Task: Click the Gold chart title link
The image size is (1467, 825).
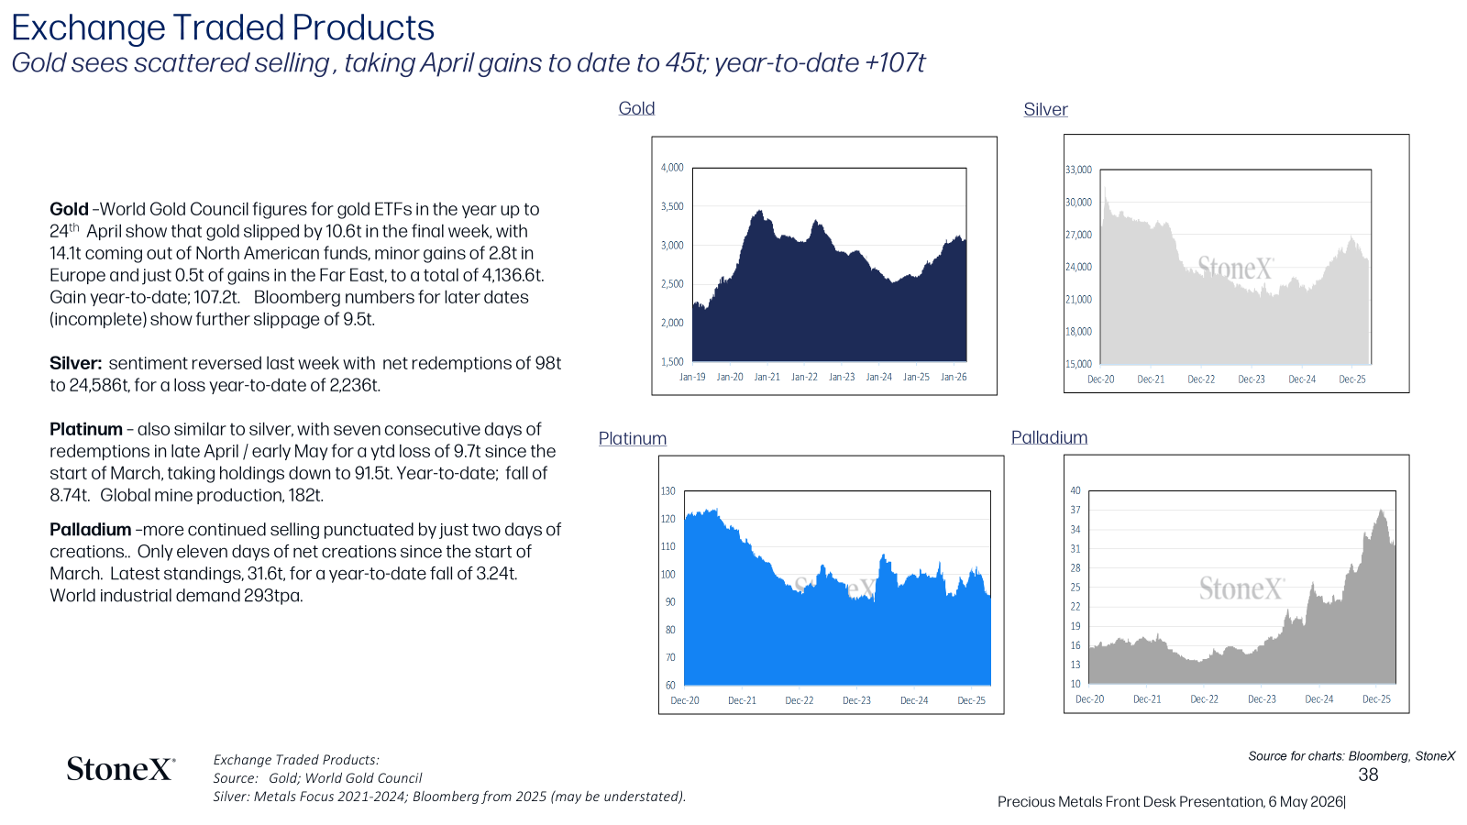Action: (636, 108)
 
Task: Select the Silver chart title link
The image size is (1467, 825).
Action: (1045, 109)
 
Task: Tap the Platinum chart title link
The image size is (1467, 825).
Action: (632, 438)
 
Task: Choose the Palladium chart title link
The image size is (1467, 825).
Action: (1049, 436)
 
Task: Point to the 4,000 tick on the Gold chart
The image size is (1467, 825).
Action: (672, 168)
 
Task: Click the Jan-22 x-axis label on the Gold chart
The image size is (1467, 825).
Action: (804, 377)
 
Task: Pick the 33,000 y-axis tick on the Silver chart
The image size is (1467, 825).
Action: (1078, 170)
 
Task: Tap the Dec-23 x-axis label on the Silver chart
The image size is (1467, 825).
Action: (1251, 379)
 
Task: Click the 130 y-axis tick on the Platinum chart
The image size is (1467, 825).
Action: (667, 491)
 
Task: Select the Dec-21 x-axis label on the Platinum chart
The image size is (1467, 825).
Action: (742, 700)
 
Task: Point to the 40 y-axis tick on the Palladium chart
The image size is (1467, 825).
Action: (1075, 490)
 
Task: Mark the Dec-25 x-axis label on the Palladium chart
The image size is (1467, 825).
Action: (1376, 699)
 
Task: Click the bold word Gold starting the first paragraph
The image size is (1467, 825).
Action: (69, 210)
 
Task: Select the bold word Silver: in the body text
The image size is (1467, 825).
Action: (75, 363)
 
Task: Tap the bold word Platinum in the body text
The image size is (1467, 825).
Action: (86, 430)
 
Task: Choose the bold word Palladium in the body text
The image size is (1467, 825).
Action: (91, 530)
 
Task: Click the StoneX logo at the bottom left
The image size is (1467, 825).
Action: (120, 769)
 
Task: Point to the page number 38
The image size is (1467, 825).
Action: (1368, 775)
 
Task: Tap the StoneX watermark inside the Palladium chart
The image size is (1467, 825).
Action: (1241, 588)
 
